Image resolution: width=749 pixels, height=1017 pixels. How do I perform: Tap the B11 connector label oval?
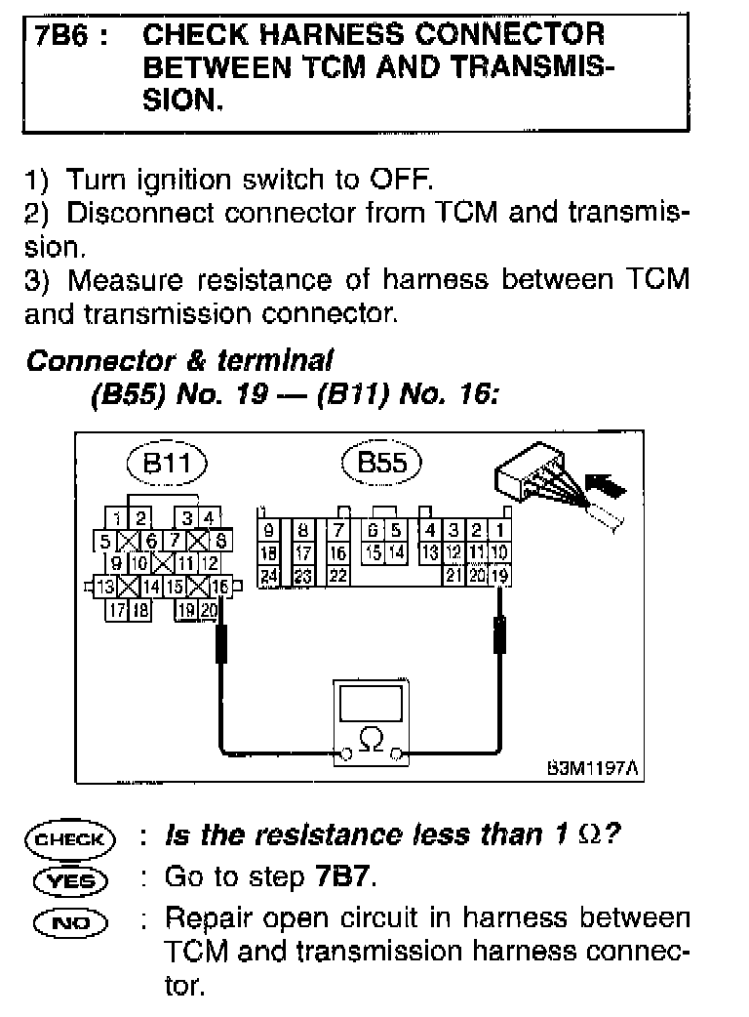coord(166,464)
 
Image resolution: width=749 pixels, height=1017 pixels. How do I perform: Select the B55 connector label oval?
coord(381,463)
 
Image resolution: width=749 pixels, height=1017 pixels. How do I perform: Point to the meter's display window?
coord(372,703)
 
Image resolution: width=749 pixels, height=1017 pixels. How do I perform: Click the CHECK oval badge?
coord(70,838)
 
